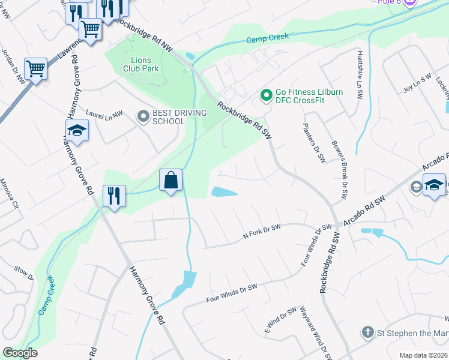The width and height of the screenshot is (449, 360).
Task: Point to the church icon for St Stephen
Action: (x=367, y=332)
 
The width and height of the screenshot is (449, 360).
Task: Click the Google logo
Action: (x=20, y=353)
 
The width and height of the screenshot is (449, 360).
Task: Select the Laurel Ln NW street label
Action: (x=104, y=112)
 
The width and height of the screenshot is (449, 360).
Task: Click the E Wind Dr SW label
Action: (x=281, y=319)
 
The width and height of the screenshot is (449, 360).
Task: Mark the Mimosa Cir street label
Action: (x=9, y=193)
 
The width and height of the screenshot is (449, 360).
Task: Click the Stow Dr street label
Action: (x=24, y=274)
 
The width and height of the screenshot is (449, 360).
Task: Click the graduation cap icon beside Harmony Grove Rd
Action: (x=77, y=131)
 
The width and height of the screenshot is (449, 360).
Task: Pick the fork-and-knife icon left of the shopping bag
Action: (x=114, y=196)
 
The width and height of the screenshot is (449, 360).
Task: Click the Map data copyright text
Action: (x=424, y=355)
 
